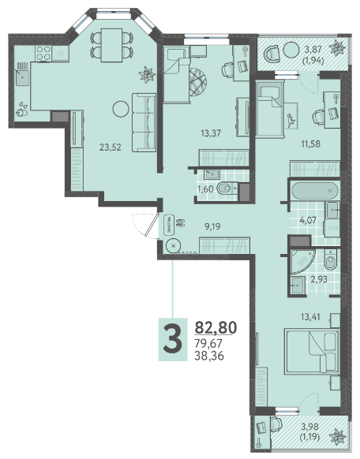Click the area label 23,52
point(111,147)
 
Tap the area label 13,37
point(211,133)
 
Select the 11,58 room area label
point(311,144)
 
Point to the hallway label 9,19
point(212,226)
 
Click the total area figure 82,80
point(216,327)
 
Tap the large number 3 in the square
point(173,340)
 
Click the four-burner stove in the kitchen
point(43,54)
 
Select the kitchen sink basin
point(22,77)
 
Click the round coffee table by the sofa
point(121,109)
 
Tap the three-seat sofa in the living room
point(144,122)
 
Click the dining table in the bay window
point(111,45)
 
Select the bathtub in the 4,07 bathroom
point(314,191)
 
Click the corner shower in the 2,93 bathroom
point(302,261)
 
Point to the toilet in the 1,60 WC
point(227,188)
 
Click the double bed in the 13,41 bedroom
point(312,351)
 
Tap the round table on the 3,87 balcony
point(291,50)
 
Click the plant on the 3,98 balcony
point(338,437)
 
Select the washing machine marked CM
point(332,229)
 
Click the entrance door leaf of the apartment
point(152,225)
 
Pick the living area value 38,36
point(209,356)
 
